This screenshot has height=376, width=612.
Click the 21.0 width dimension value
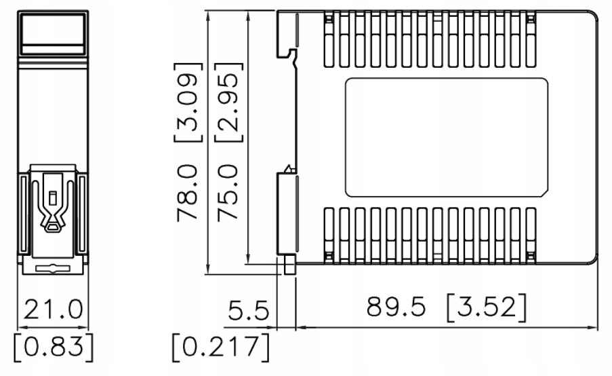click(x=54, y=309)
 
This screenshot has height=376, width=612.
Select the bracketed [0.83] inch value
click(x=54, y=347)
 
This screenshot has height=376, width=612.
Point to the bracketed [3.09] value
click(x=188, y=102)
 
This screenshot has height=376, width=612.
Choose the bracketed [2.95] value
click(x=228, y=102)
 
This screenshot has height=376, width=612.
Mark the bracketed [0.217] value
click(x=220, y=347)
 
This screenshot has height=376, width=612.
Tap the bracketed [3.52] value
click(x=486, y=307)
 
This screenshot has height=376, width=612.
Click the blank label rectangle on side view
click(x=447, y=138)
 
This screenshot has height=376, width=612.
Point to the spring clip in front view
click(x=54, y=204)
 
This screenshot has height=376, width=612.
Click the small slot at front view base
click(x=54, y=268)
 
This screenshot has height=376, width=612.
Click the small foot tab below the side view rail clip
click(x=290, y=265)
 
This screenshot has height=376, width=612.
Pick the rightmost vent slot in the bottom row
click(x=531, y=235)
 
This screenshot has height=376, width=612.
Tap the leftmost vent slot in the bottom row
click(x=329, y=235)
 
